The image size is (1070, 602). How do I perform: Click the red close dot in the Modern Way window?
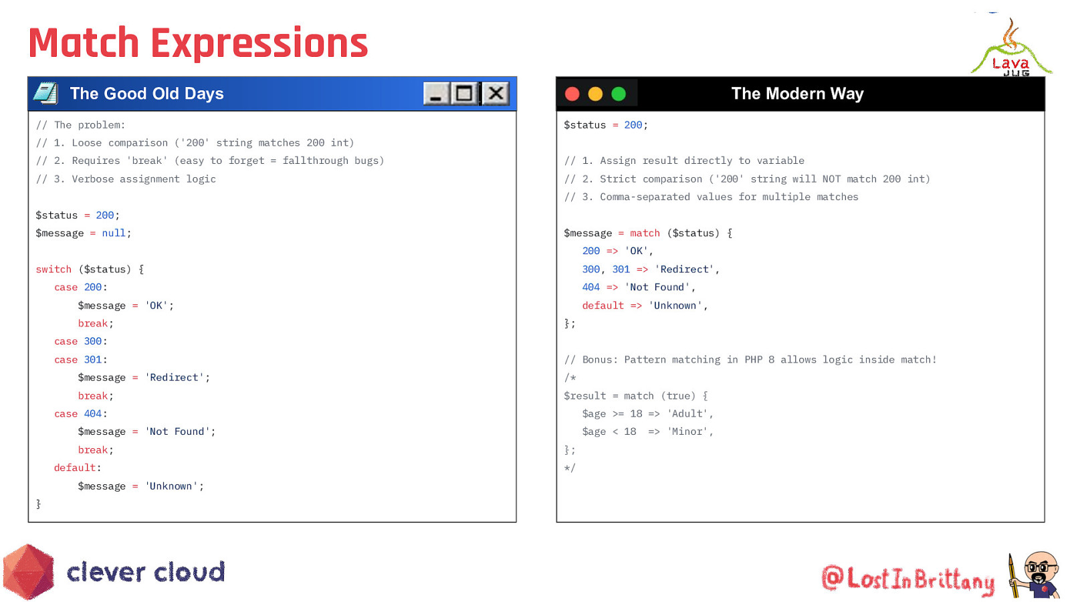pos(572,94)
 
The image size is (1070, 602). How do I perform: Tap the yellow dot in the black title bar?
pos(595,94)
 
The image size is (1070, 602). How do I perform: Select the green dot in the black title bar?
pos(619,94)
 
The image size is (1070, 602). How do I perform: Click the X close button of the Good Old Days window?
pos(496,93)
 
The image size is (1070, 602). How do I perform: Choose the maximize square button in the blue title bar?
pos(464,93)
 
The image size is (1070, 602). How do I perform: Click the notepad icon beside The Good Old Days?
pos(46,93)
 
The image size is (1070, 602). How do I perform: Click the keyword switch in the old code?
pos(53,270)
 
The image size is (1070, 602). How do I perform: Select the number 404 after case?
pos(93,414)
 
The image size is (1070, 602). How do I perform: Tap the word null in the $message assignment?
pos(114,233)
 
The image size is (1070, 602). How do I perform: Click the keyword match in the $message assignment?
pos(645,233)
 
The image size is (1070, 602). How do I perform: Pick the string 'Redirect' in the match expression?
pos(684,270)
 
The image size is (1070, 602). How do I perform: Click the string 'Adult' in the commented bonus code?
pos(687,414)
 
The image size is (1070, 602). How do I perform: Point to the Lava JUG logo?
pos(1010,47)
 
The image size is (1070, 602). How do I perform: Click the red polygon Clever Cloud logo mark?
pos(29,571)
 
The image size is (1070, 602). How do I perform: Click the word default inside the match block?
pos(603,306)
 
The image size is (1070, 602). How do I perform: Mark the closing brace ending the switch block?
pos(38,504)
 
